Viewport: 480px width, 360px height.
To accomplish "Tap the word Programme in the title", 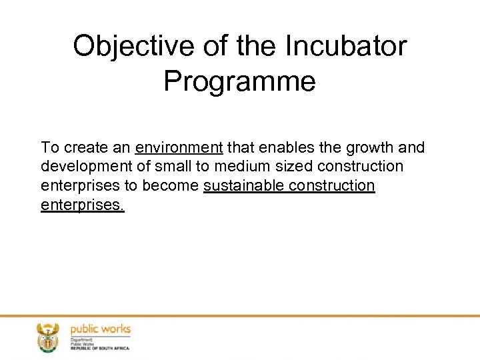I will (x=239, y=81).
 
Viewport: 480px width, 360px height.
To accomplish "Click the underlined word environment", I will (x=179, y=147).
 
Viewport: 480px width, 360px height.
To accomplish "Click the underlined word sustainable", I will (x=243, y=185).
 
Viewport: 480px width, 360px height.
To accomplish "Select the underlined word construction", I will (x=332, y=185).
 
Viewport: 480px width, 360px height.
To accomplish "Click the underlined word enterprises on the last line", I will (x=82, y=205).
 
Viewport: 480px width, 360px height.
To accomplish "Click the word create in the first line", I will (x=84, y=147).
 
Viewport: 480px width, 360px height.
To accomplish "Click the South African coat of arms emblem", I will (x=47, y=337).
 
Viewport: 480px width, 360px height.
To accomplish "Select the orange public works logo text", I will (x=100, y=329).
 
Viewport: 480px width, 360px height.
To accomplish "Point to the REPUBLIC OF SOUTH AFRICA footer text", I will (x=100, y=348).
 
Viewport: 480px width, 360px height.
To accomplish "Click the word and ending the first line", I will (x=412, y=147).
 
